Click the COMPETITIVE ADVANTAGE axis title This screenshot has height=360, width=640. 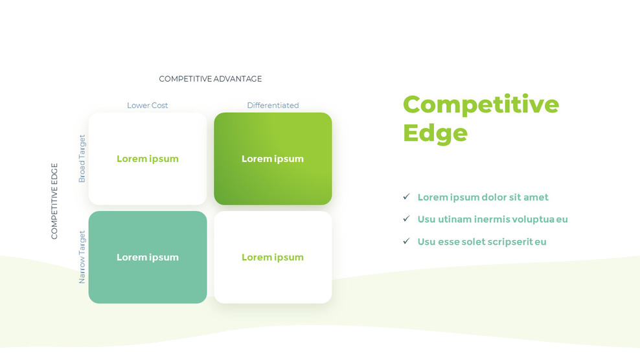click(211, 79)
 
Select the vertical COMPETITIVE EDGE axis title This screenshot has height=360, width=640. click(54, 201)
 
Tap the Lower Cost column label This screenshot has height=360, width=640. click(148, 106)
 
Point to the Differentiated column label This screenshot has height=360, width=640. click(273, 106)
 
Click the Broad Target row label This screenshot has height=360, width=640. click(82, 159)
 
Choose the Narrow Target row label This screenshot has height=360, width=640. click(82, 257)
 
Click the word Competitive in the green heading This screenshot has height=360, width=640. click(481, 104)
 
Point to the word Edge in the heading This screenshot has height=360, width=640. click(435, 133)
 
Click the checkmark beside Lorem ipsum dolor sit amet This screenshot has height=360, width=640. click(406, 197)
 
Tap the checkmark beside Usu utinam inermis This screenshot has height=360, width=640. click(406, 219)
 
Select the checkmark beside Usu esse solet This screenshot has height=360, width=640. click(406, 242)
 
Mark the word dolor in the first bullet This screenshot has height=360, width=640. click(496, 197)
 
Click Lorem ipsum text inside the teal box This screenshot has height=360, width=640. click(148, 257)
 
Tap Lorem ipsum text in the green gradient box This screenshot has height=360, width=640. click(273, 159)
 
